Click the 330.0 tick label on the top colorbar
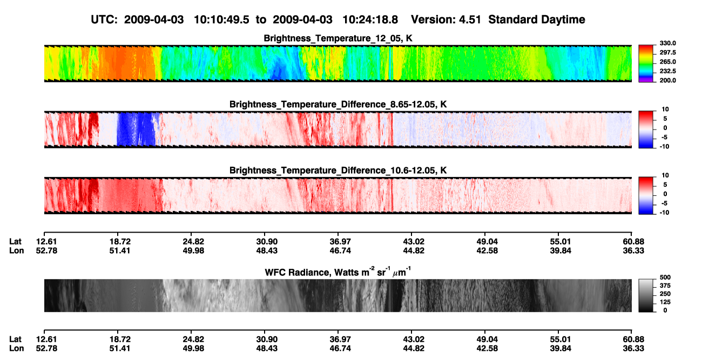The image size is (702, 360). click(667, 43)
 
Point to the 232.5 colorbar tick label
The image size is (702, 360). click(667, 71)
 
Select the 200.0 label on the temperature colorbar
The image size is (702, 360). click(667, 80)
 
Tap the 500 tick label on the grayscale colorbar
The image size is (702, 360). click(665, 277)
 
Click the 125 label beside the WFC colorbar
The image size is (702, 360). click(665, 302)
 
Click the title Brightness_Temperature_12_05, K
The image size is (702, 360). click(338, 38)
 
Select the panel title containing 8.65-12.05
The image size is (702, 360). click(338, 104)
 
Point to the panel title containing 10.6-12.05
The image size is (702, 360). click(338, 171)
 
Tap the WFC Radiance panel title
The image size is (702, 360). click(338, 272)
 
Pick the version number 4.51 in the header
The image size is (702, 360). click(470, 20)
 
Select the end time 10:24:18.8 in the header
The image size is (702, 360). click(370, 20)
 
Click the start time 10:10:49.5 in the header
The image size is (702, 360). click(221, 20)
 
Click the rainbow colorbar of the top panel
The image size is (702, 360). click(646, 64)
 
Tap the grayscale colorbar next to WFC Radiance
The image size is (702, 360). click(646, 295)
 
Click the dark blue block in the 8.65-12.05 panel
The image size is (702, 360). click(136, 129)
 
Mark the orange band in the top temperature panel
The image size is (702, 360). click(129, 63)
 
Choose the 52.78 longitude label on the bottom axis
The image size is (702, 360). click(46, 349)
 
